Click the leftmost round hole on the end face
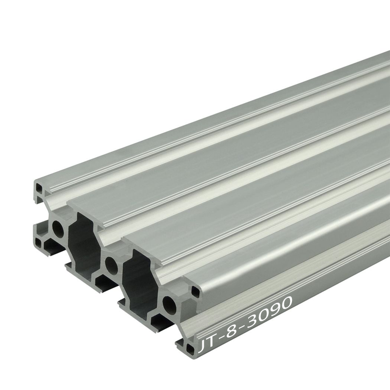pos(58,228)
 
